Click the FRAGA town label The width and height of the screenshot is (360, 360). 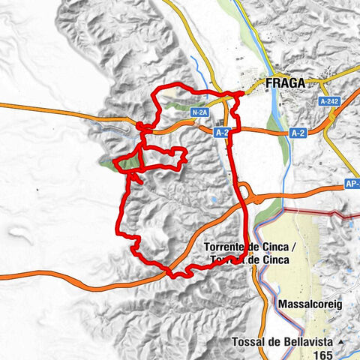286,83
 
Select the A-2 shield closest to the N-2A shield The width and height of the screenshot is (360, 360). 220,132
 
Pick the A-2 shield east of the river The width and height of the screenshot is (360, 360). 297,133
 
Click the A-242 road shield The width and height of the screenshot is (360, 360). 328,101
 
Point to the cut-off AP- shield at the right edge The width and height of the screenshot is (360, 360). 352,182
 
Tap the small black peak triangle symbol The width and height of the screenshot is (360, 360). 341,343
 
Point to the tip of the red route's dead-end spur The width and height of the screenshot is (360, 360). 140,182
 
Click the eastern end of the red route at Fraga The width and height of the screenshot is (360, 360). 241,94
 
